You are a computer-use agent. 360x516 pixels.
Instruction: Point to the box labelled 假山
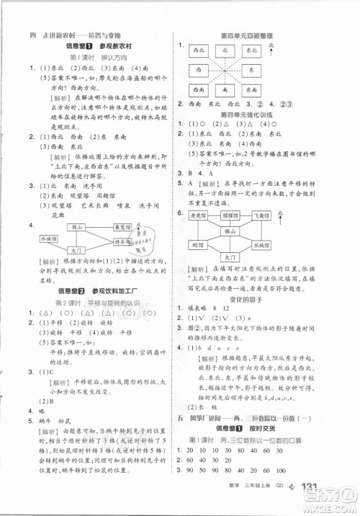point(75,227)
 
